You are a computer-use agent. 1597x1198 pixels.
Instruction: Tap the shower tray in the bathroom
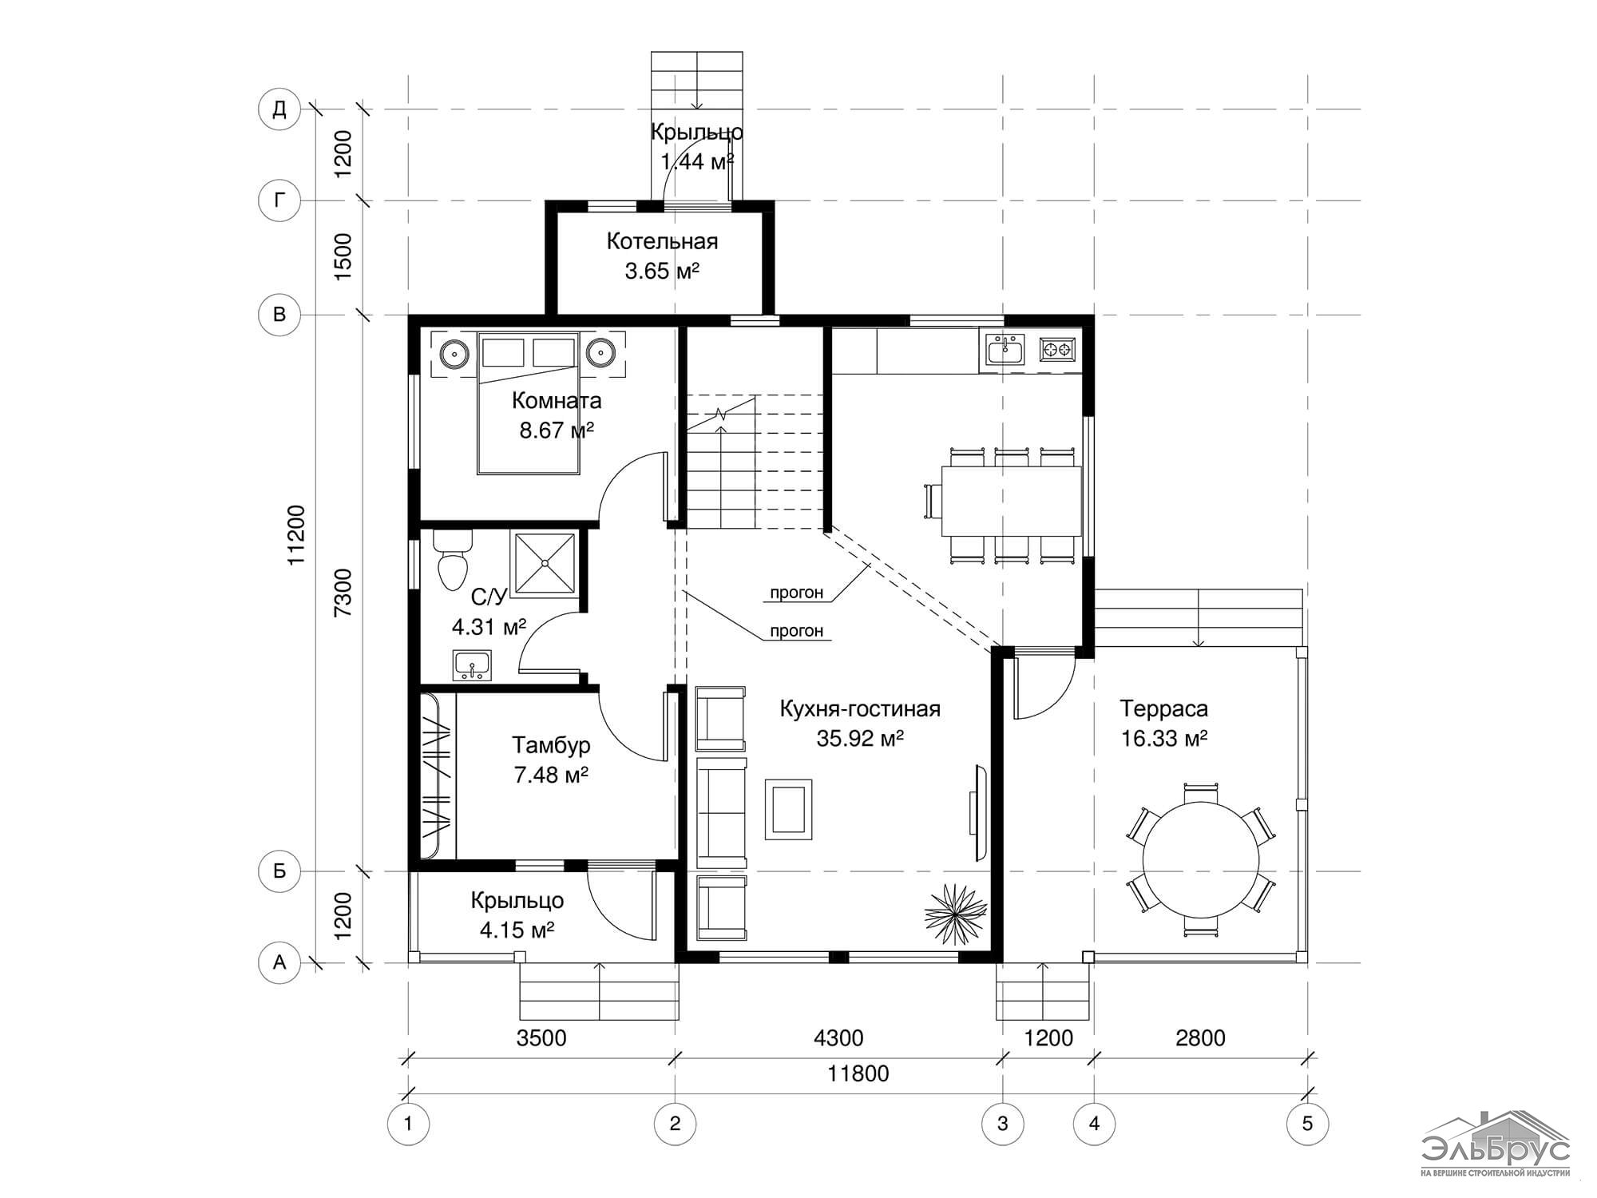(x=544, y=563)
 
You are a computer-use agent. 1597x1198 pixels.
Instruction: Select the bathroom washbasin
(x=473, y=664)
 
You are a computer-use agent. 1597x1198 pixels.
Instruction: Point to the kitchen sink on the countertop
(x=1005, y=350)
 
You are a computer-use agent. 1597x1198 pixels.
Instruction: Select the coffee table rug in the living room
(x=788, y=809)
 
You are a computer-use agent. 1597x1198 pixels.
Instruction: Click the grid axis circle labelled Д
(x=279, y=109)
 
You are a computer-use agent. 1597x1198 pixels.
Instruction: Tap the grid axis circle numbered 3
(x=1003, y=1124)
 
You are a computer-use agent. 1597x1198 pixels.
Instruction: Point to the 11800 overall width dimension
(x=858, y=1073)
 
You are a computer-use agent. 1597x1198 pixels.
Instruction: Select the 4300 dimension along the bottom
(x=838, y=1037)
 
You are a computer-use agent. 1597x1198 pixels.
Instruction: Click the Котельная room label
(x=662, y=241)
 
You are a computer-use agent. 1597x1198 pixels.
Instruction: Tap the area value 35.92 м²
(x=860, y=739)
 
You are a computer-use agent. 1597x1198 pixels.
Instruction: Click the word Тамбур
(x=551, y=745)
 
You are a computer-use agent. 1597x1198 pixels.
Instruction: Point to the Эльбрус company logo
(x=1495, y=1144)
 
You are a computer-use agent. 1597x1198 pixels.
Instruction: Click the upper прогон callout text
(x=796, y=593)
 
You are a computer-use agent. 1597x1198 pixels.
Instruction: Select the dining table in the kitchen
(x=1011, y=501)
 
